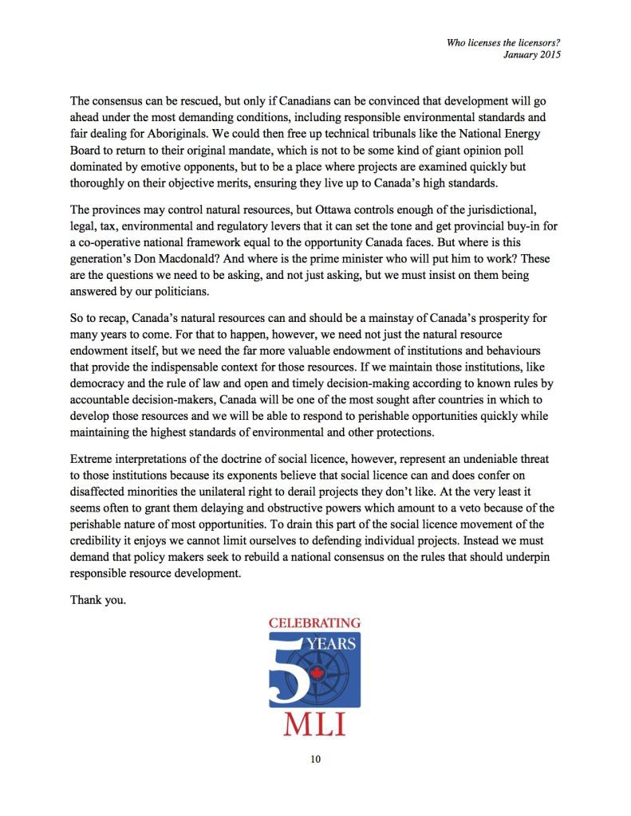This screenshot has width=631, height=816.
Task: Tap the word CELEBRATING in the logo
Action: pyautogui.click(x=314, y=622)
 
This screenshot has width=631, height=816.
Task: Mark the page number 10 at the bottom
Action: pyautogui.click(x=315, y=759)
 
